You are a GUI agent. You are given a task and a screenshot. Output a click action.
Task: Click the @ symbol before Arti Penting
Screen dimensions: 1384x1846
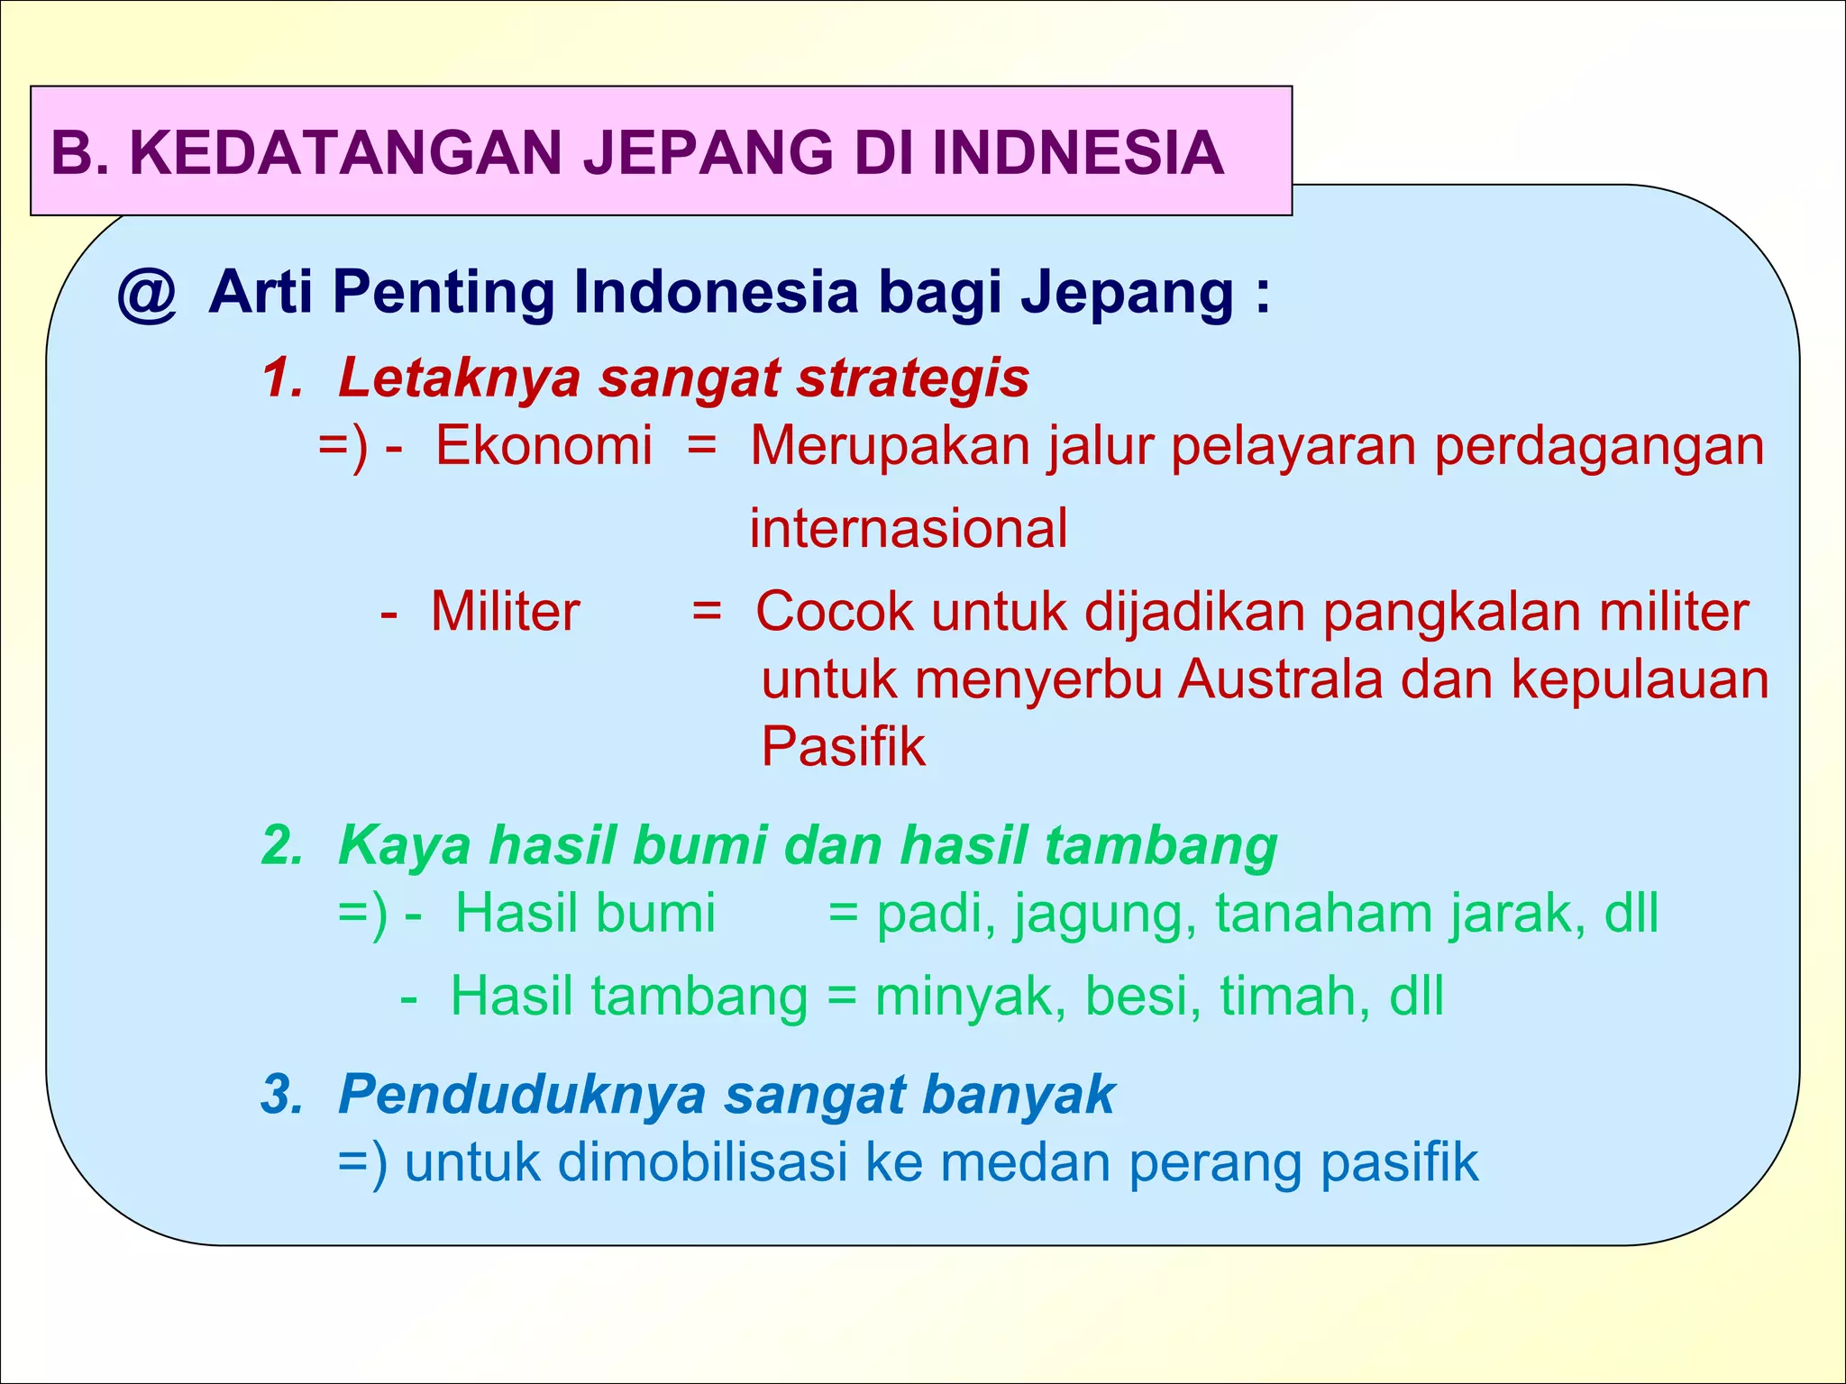pyautogui.click(x=147, y=294)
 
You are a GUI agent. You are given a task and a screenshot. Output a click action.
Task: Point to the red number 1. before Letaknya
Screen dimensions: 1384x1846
pyautogui.click(x=283, y=378)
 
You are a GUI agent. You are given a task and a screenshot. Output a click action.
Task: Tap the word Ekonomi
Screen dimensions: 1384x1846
pyautogui.click(x=544, y=445)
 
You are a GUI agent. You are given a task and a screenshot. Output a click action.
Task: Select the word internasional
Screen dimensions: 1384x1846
pyautogui.click(x=908, y=528)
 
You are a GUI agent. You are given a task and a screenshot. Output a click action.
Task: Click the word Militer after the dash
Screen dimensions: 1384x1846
pyautogui.click(x=505, y=612)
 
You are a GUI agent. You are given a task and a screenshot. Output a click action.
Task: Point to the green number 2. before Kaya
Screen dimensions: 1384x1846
pyautogui.click(x=283, y=846)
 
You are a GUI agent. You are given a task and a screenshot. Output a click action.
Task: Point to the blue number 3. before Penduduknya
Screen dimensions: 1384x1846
pyautogui.click(x=283, y=1095)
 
